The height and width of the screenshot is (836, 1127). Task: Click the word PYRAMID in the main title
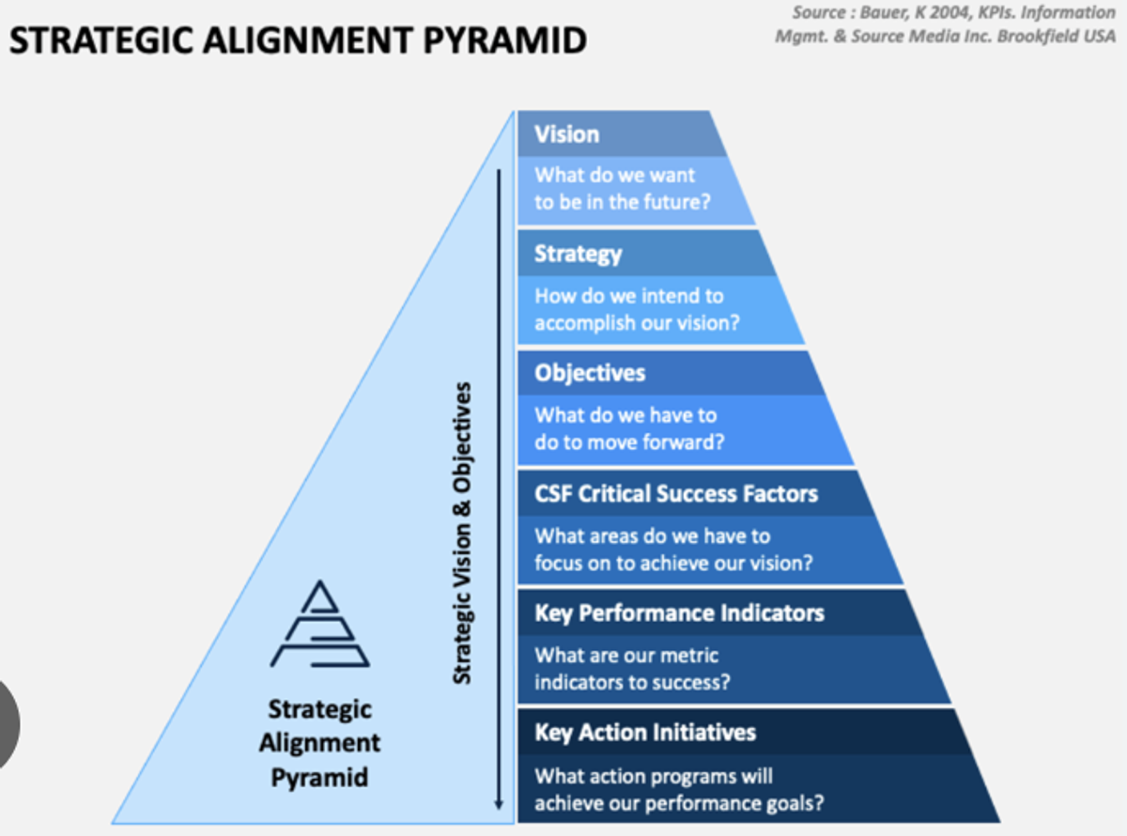coord(505,40)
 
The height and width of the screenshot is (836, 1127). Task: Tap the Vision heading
coord(566,134)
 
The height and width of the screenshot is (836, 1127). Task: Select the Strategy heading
coord(578,255)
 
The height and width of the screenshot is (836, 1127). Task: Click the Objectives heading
coord(590,373)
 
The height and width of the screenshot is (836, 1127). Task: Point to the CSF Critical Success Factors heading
coord(676,493)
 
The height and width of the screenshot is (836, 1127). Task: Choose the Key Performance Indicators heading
coord(679,613)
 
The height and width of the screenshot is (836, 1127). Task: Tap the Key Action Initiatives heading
coord(645,733)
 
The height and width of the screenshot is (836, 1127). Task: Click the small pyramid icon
coord(319,624)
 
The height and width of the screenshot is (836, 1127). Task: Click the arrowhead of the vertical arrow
coord(499,804)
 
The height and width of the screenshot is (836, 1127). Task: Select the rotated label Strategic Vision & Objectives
coord(462,534)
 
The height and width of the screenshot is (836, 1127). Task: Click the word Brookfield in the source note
coord(1033,36)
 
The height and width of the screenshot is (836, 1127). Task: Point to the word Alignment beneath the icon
coord(319,744)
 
